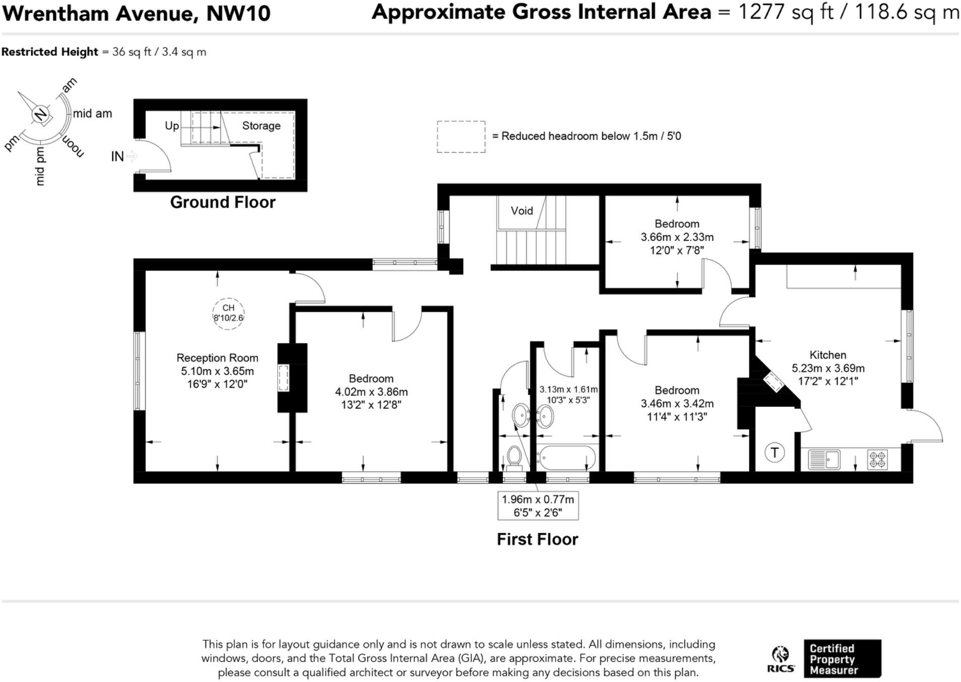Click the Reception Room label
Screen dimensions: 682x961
(217, 358)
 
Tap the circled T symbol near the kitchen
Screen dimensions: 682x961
(774, 452)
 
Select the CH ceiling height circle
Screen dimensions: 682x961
(228, 313)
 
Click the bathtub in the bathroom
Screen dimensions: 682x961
(566, 458)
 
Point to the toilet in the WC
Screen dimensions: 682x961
(514, 456)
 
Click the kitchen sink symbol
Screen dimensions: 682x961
(824, 460)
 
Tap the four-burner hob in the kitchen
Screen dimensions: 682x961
(877, 460)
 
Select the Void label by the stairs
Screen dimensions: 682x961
(521, 211)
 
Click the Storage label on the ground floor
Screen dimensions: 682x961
(261, 126)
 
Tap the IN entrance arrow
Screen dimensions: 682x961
(124, 156)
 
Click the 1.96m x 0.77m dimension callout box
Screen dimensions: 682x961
(538, 505)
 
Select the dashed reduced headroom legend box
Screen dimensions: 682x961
(461, 136)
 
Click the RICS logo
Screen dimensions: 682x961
(780, 660)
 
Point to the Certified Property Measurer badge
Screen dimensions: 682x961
(842, 659)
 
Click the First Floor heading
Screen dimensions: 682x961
(537, 539)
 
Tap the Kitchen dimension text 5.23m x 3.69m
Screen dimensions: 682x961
(828, 368)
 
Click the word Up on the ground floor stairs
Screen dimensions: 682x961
(172, 126)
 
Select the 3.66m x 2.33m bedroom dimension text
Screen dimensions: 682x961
(677, 237)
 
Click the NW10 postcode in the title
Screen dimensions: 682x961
(238, 14)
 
